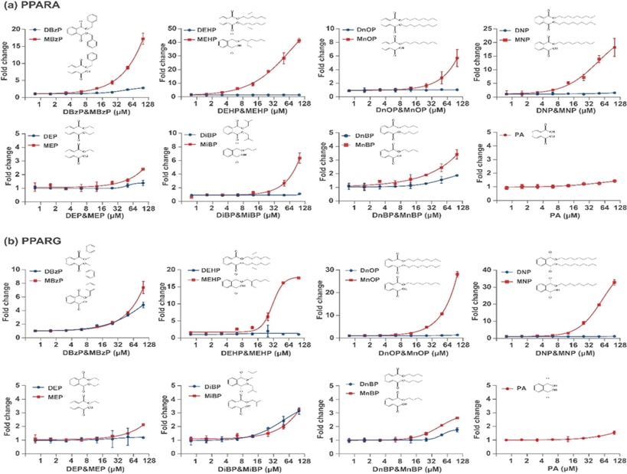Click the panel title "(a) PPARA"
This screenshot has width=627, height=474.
click(28, 7)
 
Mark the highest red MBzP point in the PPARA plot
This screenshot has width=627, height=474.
click(142, 38)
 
